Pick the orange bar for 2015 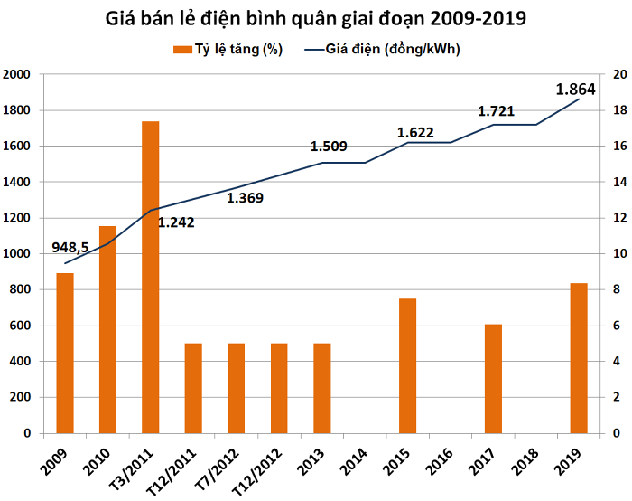(408, 365)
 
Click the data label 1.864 (575, 90)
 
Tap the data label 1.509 (329, 147)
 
